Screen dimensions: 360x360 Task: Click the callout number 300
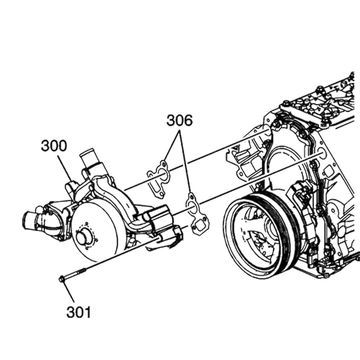coord(54,146)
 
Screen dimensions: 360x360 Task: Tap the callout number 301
coord(78,312)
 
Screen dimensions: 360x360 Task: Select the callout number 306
coord(179,120)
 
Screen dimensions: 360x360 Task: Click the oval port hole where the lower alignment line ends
coord(321,154)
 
